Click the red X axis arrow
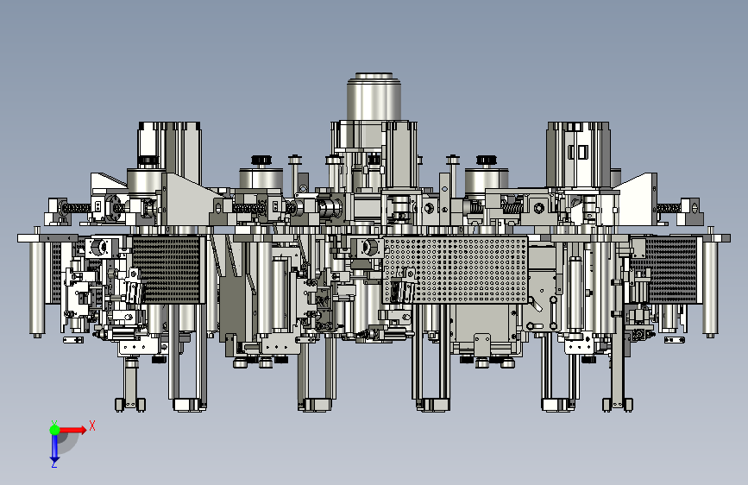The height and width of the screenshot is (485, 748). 72,430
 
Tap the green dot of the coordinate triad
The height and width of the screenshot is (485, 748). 54,430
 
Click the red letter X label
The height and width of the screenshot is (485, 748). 92,425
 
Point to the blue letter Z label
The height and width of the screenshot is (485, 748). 54,464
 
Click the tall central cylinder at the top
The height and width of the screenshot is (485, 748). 374,97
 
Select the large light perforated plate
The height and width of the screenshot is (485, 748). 456,270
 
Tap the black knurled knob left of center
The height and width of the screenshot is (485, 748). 261,160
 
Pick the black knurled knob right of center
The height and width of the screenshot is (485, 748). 486,160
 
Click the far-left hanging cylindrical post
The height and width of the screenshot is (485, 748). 37,287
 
